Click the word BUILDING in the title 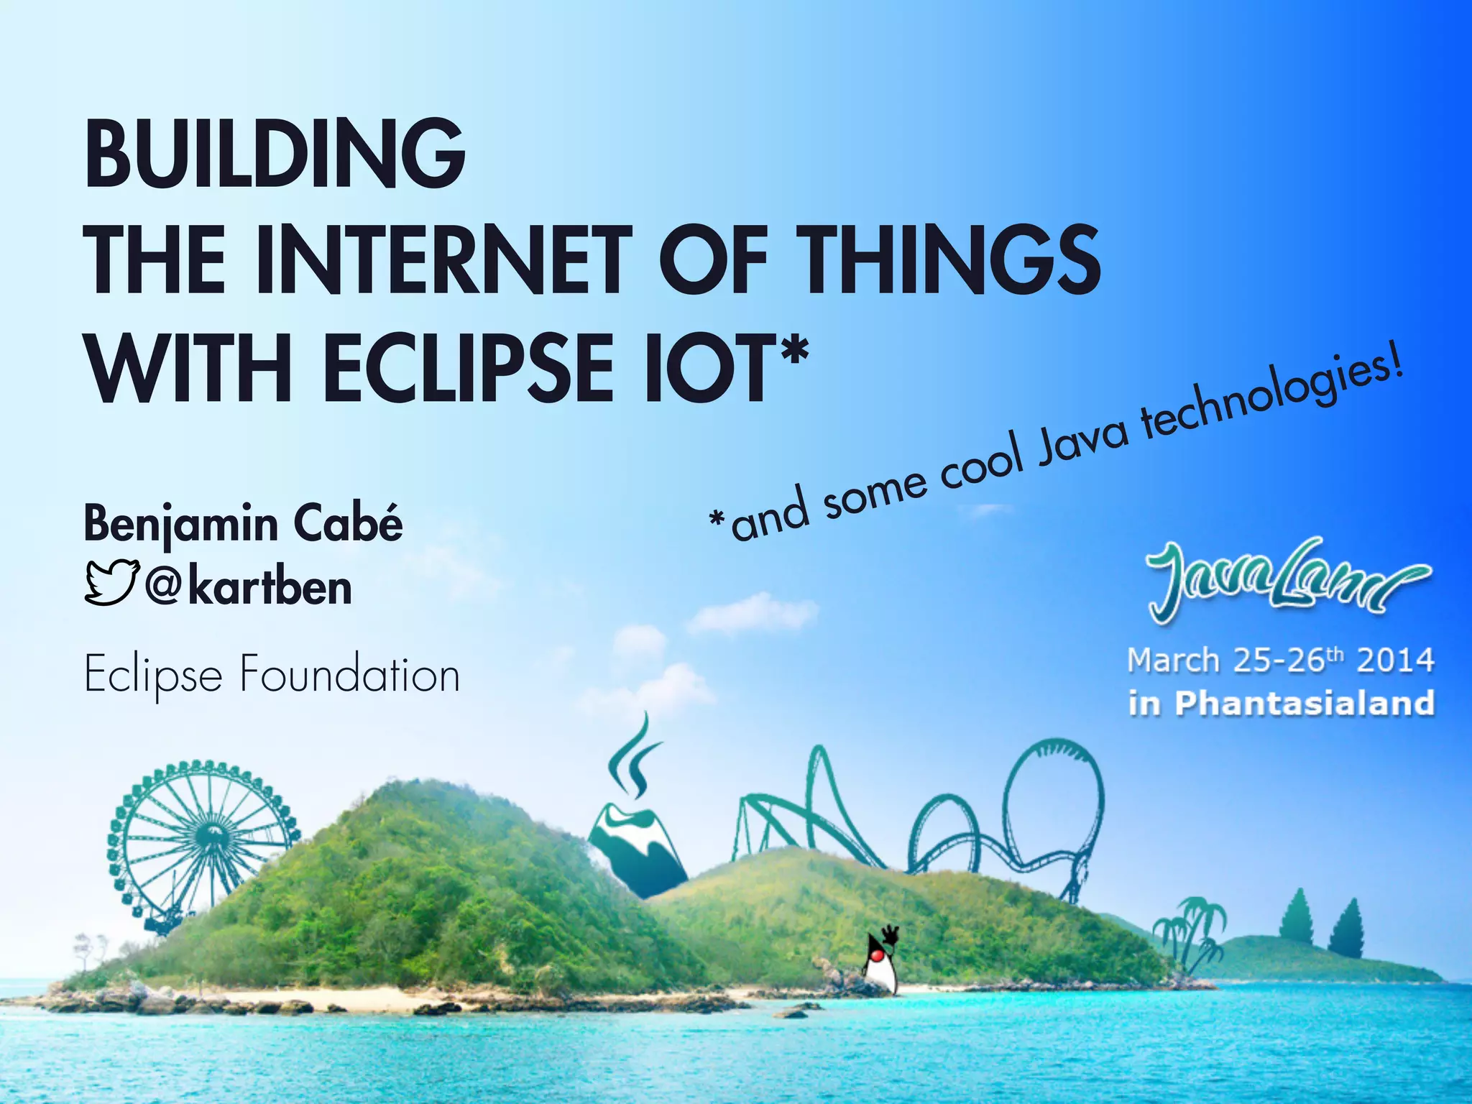click(x=275, y=154)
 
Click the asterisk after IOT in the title click(x=793, y=352)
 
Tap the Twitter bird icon click(x=111, y=582)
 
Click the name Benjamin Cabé click(x=243, y=524)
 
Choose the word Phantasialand click(x=1305, y=703)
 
